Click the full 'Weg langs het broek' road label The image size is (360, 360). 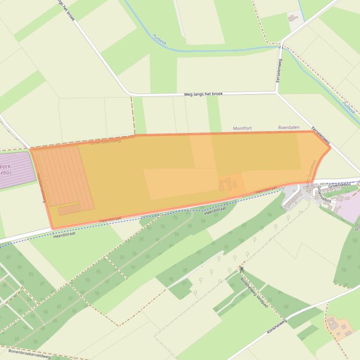[203, 94]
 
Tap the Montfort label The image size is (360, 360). [242, 128]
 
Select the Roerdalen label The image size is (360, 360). [289, 127]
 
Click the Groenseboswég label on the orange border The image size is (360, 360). [105, 141]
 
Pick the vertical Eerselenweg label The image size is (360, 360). [279, 71]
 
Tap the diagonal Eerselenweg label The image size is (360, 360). [321, 135]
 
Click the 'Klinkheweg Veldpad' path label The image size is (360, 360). [254, 293]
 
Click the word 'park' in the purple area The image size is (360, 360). [6, 166]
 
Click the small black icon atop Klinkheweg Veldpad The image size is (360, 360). [242, 269]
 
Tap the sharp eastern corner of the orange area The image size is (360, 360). [330, 148]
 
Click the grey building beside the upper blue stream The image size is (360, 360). [293, 18]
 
